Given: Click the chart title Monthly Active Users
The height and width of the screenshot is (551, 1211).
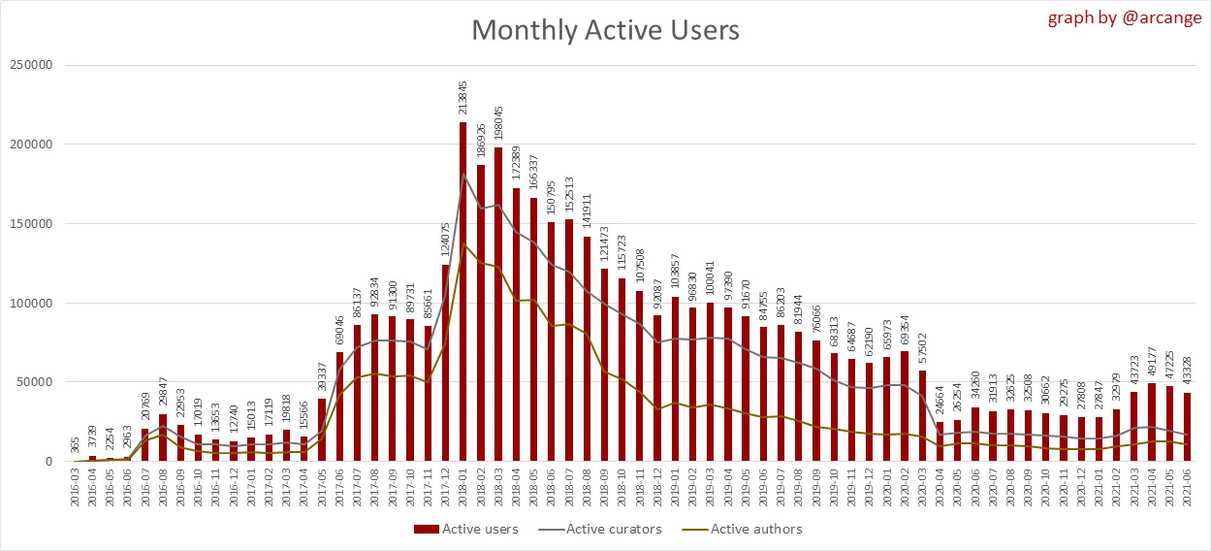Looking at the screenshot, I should click(x=605, y=30).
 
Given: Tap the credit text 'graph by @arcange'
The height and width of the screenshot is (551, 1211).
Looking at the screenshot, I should click(x=1124, y=18).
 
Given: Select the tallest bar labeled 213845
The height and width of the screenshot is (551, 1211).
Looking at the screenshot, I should click(x=462, y=291).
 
